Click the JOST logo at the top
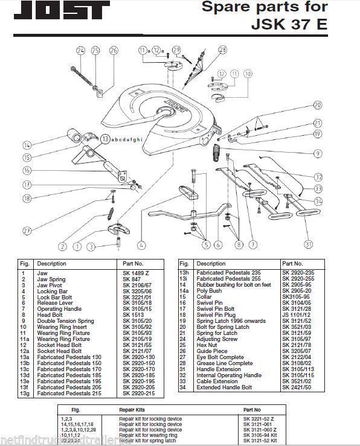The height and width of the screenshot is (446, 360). click(x=58, y=10)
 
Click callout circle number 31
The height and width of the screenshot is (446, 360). click(x=309, y=244)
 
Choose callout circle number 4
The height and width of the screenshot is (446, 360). click(x=141, y=245)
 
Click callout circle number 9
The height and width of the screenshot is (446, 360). click(x=317, y=153)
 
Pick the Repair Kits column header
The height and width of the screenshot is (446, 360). click(x=131, y=409)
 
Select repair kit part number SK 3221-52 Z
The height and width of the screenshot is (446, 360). click(x=259, y=418)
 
